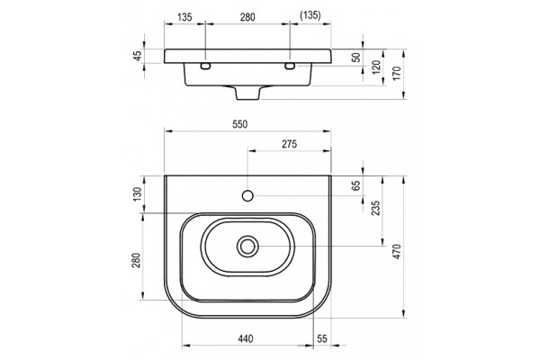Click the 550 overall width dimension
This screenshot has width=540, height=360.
(x=239, y=124)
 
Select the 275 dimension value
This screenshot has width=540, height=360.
(x=289, y=144)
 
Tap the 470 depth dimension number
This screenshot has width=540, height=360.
(x=397, y=251)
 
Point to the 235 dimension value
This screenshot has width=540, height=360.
(x=375, y=208)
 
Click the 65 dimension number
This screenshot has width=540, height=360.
(x=356, y=185)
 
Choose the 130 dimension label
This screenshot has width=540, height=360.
(x=138, y=194)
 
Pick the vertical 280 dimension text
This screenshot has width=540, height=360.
(x=136, y=260)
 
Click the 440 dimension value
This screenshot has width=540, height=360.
(x=246, y=338)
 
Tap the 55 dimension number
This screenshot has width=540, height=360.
(x=322, y=338)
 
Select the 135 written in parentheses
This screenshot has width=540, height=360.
(x=310, y=15)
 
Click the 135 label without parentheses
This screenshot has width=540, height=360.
(x=184, y=17)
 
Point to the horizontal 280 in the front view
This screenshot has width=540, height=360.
(x=247, y=17)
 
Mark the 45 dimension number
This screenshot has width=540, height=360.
(x=138, y=56)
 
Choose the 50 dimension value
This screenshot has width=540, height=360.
(x=356, y=58)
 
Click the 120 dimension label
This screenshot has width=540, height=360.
(x=376, y=67)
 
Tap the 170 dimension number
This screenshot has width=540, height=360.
(x=397, y=74)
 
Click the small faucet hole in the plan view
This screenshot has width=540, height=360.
(x=247, y=195)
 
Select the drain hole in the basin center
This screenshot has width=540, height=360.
(x=247, y=246)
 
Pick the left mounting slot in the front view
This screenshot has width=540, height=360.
(x=205, y=66)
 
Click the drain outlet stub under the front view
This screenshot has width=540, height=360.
(x=247, y=93)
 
